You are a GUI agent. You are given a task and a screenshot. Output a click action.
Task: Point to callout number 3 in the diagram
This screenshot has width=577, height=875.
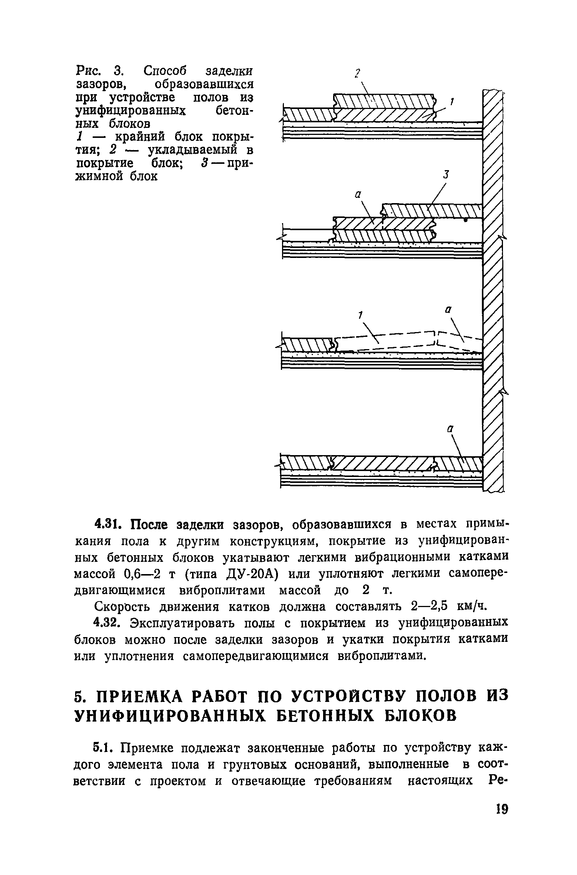(x=446, y=174)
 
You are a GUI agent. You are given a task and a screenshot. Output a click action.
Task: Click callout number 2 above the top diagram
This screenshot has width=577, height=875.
(x=357, y=73)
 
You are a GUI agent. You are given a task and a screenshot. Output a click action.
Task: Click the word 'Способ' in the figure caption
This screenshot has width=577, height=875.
(x=165, y=70)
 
